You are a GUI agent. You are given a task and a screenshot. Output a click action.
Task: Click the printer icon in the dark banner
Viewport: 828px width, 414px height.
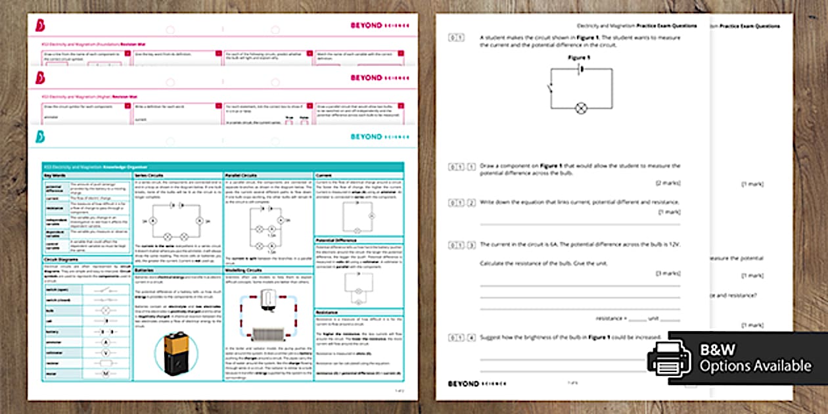669,358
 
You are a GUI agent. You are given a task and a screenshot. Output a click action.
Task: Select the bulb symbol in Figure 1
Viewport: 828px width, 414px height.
580,108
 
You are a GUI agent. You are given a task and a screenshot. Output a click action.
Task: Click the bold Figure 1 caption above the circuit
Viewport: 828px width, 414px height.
579,58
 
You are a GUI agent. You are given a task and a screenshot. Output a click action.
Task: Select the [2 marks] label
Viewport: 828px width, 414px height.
668,182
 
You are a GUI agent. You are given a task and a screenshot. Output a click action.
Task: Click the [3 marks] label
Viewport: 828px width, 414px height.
668,273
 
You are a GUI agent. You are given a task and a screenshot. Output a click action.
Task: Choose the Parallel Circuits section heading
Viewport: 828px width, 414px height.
241,176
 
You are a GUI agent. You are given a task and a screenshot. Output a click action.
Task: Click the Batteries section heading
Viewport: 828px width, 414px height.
145,269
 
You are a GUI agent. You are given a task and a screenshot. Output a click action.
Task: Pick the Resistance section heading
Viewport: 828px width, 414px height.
328,312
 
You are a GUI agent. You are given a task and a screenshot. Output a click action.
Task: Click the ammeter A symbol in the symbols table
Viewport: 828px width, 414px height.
105,342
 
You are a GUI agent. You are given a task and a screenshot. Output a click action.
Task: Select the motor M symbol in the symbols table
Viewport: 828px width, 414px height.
105,374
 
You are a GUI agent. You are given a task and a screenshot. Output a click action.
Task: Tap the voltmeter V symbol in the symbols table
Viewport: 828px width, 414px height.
105,353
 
